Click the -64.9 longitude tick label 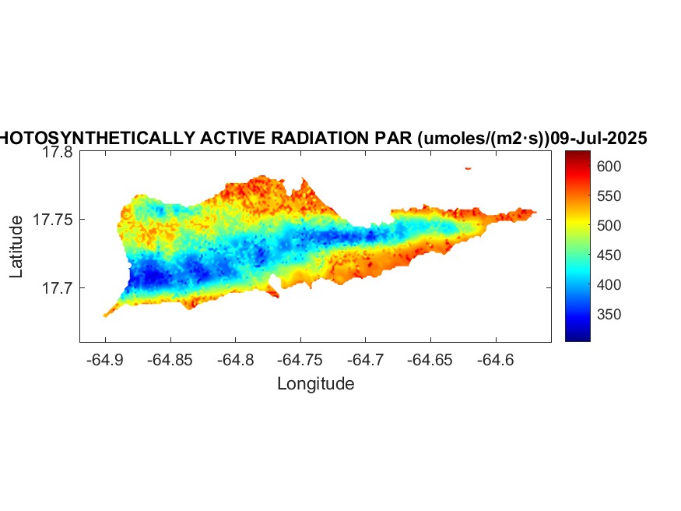105,361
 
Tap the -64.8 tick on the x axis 236,361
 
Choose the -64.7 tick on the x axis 366,361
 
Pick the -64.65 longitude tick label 431,361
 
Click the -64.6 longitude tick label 497,361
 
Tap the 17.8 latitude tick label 58,153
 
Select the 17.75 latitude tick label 54,220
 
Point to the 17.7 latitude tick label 58,288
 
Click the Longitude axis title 316,383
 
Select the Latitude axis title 17,247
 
